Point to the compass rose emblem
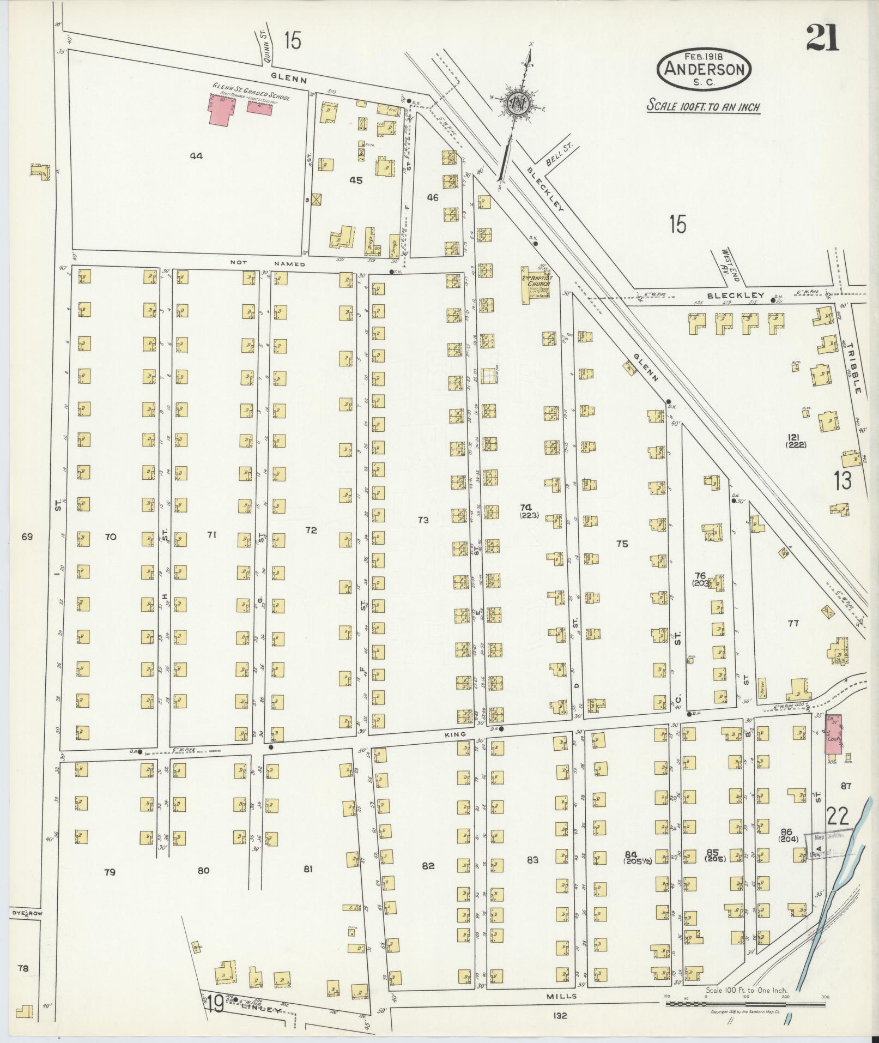point(517,102)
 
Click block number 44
point(196,156)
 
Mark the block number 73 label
point(423,520)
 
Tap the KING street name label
point(455,734)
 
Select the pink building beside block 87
point(833,734)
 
